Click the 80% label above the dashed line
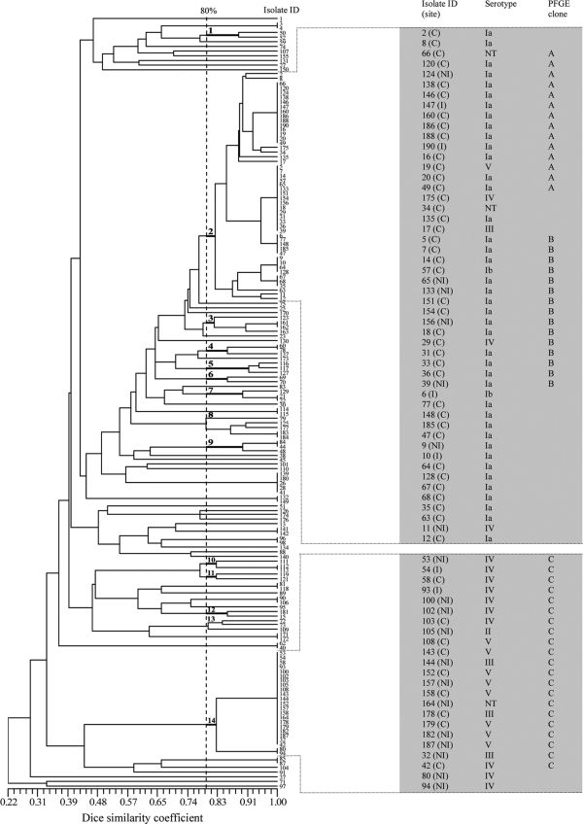(208, 10)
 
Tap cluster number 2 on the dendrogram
(210, 231)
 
